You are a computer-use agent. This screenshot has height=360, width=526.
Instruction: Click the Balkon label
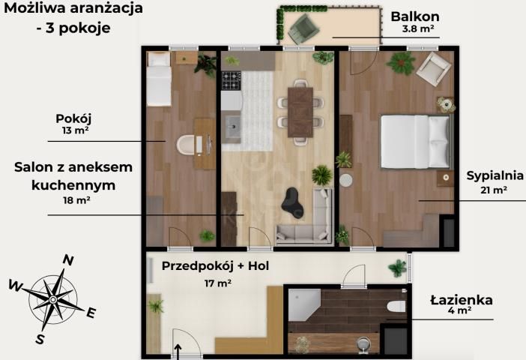[x=414, y=16]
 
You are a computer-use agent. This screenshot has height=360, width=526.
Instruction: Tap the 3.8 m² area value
[x=418, y=31]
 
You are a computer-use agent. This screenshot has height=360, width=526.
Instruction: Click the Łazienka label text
[x=461, y=300]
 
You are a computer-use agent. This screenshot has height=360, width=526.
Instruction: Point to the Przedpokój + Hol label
[x=216, y=266]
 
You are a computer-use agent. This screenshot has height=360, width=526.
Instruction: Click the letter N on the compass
[x=67, y=260]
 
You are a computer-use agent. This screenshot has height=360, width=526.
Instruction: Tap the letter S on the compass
[x=40, y=340]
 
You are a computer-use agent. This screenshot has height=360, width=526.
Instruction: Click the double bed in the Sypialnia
[x=414, y=141]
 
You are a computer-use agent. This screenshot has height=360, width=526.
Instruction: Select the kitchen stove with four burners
[x=231, y=79]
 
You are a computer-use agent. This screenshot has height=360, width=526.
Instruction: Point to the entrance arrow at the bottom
[x=178, y=350]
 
